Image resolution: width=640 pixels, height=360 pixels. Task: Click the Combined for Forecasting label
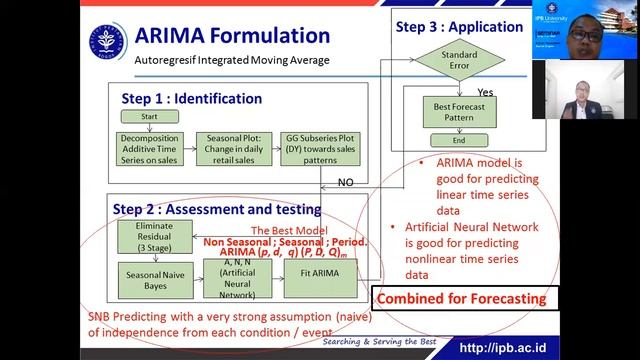pyautogui.click(x=461, y=298)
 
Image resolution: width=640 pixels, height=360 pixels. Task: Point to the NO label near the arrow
pyautogui.click(x=345, y=182)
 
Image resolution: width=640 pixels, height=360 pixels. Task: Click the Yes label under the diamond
pyautogui.click(x=485, y=91)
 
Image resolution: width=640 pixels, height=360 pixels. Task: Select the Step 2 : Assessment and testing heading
pyautogui.click(x=217, y=209)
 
